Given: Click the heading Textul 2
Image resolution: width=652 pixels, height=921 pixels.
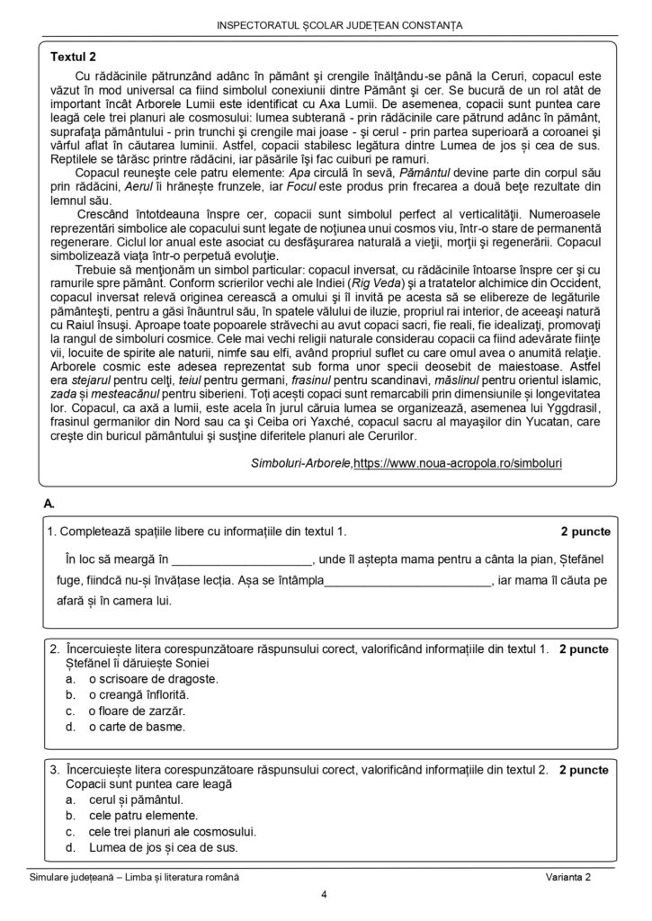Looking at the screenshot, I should (x=74, y=56).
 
